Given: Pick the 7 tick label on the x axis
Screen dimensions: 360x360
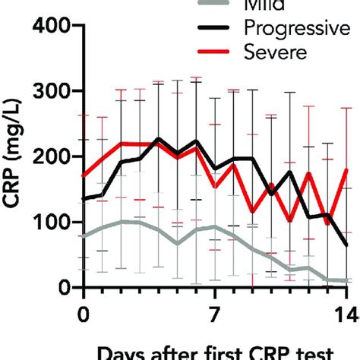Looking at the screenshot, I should [x=215, y=313].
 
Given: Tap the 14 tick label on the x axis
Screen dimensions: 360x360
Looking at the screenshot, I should [x=346, y=313].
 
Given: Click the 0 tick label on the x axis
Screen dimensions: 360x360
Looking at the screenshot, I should [x=84, y=313].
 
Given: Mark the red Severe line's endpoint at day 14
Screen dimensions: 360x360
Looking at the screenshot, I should [x=346, y=170].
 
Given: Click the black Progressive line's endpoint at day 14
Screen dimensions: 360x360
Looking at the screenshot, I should [x=346, y=245].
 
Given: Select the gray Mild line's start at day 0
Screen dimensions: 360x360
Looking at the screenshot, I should [x=84, y=236].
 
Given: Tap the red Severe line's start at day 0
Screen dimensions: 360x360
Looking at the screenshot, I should [x=84, y=175].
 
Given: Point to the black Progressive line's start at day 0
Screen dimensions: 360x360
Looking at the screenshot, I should [x=84, y=199].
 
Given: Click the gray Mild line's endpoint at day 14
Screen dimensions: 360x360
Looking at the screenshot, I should [x=346, y=281].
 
